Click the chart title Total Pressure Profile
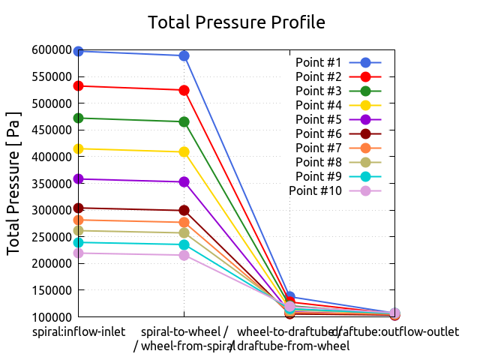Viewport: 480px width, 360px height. coord(236,22)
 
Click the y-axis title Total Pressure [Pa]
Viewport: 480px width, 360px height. coord(13,184)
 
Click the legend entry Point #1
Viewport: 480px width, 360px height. coord(318,62)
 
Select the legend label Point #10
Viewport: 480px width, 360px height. coord(315,191)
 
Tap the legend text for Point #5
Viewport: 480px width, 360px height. coord(318,119)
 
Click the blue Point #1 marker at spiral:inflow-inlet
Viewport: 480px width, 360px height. coord(79,51)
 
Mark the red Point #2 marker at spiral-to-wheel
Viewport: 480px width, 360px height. coord(184,90)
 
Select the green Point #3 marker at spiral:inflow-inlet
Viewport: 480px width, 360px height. coord(79,118)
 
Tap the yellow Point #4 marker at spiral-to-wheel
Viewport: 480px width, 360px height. coord(184,151)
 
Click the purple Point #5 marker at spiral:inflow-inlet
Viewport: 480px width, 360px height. coord(79,179)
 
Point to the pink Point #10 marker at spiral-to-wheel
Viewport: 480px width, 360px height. coord(184,255)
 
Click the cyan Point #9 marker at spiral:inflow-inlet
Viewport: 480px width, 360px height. coord(79,242)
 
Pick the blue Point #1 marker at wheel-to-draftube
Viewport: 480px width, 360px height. coord(289,297)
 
